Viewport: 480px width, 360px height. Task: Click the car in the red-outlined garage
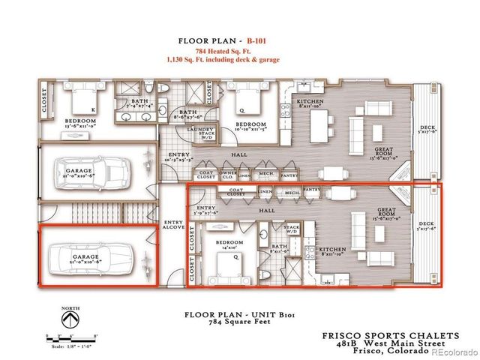click(x=97, y=257)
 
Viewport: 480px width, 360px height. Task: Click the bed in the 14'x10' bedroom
click(x=225, y=265)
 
